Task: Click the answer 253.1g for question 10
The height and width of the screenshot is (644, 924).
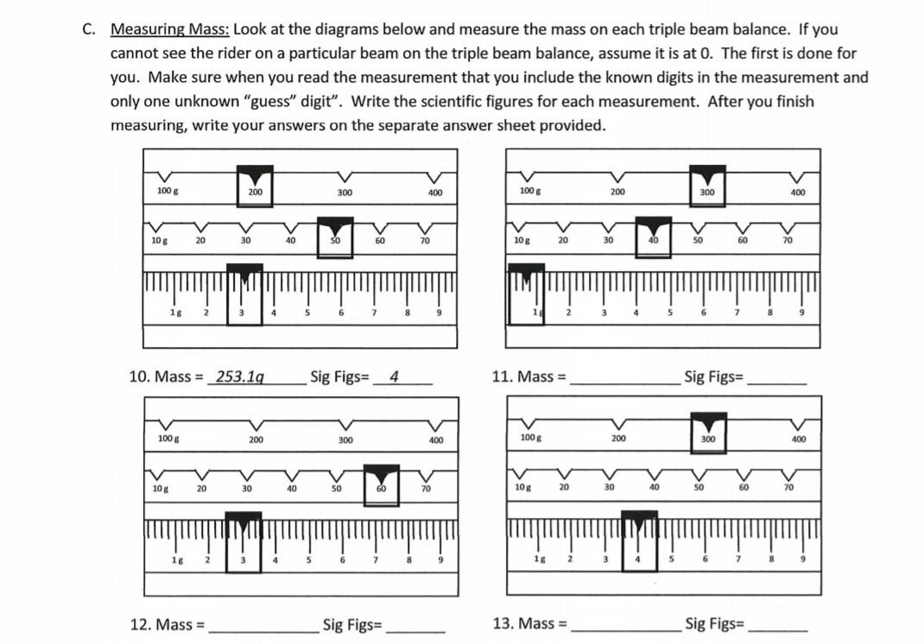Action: pos(240,376)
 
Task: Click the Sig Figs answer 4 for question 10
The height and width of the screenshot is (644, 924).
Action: pos(394,376)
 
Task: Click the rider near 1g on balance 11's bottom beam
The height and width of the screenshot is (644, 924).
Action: pos(526,294)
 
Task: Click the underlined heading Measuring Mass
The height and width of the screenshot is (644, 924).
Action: pos(169,28)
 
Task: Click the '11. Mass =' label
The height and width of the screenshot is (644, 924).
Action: pos(528,376)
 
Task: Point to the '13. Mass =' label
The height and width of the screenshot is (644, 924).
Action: pos(528,623)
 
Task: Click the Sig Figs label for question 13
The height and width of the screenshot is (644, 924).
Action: pos(714,623)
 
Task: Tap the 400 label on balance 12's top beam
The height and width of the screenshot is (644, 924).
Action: pos(435,440)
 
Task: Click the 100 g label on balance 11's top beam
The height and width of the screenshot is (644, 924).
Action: pos(528,191)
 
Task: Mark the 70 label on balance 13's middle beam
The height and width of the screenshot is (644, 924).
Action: pos(788,488)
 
